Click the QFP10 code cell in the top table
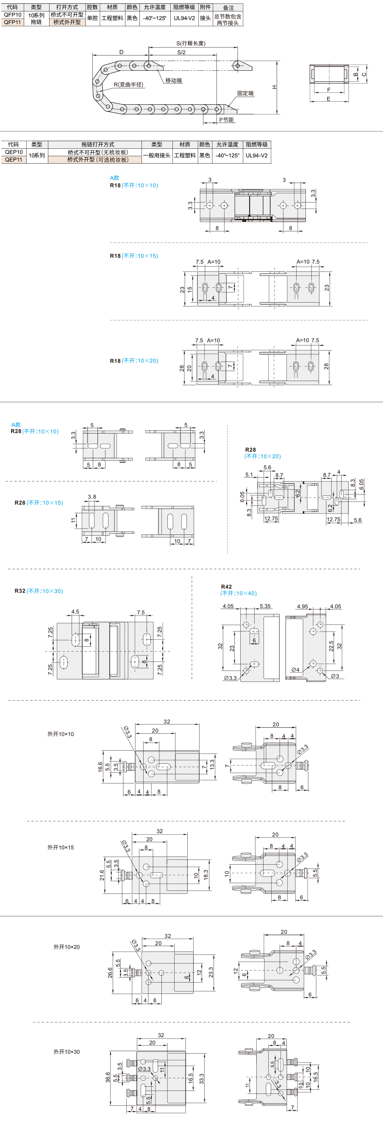pos(13,15)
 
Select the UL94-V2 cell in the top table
pos(184,18)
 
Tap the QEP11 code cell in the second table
pos(14,160)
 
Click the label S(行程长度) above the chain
pos(191,43)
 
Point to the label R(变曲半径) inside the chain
pos(128,84)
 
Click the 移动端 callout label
pos(174,81)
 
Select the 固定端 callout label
pos(245,93)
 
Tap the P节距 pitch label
pos(227,120)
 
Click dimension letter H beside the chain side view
pos(275,87)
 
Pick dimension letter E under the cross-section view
pos(329,99)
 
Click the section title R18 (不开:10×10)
pos(134,186)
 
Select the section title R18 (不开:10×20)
pos(134,361)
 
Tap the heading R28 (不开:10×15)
pos(39,503)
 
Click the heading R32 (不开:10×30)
pos(39,591)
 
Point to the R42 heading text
pos(227,587)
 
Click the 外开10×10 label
pos(61,734)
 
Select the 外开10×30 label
pos(67,1052)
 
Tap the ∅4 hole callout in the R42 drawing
pos(296,670)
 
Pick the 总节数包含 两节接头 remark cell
pos(228,19)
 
